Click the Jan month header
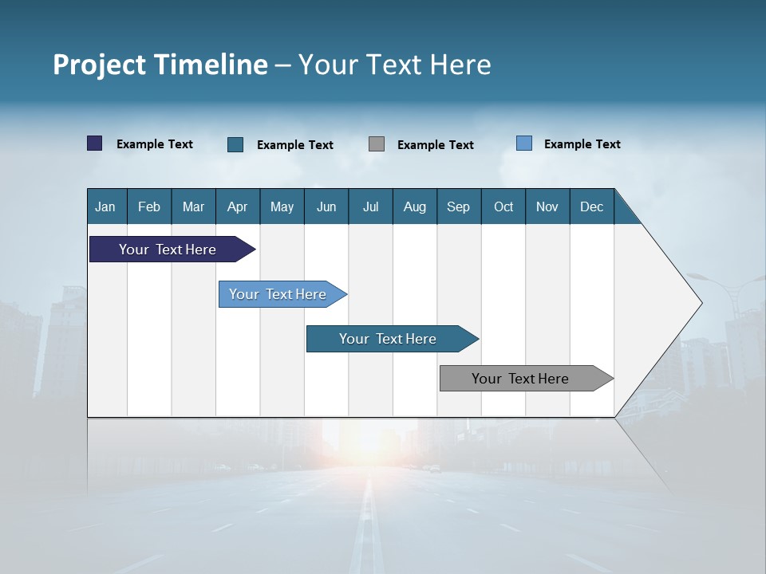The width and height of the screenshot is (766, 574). [x=105, y=206]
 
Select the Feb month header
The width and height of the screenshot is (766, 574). [x=149, y=206]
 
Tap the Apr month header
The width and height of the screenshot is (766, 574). [x=237, y=206]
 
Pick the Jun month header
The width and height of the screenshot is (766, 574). [x=326, y=206]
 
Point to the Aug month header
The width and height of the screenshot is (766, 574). [x=414, y=206]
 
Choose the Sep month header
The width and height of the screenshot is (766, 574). [x=458, y=206]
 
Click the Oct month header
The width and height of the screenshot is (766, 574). [x=503, y=206]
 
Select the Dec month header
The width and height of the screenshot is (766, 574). [x=591, y=206]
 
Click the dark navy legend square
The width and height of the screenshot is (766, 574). [x=94, y=143]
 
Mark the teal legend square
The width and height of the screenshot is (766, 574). [x=235, y=144]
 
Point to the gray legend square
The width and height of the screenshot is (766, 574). [x=377, y=144]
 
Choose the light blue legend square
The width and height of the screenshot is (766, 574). [x=524, y=143]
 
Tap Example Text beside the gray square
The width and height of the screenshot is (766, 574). [x=435, y=145]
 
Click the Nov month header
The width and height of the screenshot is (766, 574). [x=547, y=206]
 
